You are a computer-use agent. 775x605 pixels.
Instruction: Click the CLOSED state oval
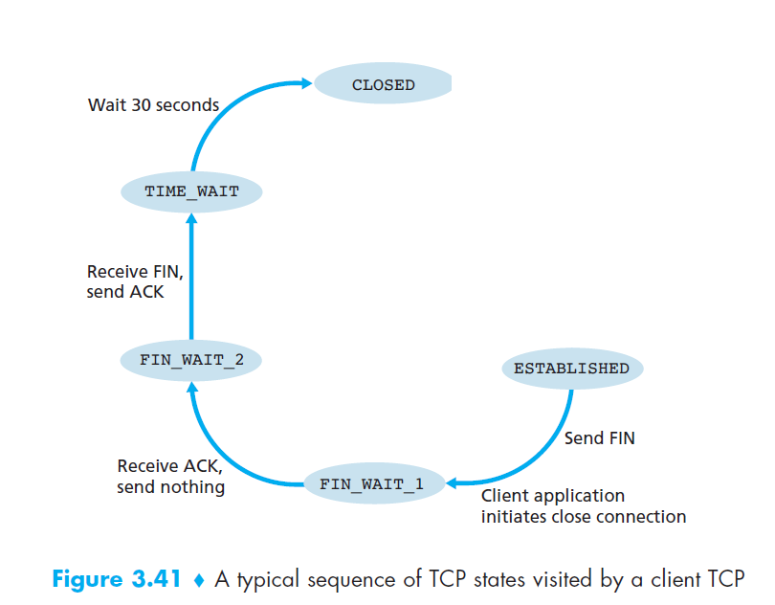click(x=383, y=85)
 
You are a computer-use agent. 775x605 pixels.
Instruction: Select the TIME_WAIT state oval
click(x=191, y=191)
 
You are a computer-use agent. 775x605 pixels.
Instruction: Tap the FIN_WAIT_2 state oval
click(x=191, y=361)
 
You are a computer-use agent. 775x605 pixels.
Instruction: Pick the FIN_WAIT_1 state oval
click(x=371, y=484)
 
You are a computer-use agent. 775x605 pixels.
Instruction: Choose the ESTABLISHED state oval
click(x=571, y=369)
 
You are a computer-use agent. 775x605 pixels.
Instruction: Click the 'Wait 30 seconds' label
click(x=153, y=104)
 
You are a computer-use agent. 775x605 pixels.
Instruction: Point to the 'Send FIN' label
click(x=599, y=438)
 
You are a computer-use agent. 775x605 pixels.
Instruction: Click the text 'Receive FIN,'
click(x=134, y=273)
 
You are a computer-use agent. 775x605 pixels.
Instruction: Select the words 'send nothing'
click(x=170, y=487)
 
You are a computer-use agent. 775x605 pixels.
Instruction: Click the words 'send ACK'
click(x=124, y=293)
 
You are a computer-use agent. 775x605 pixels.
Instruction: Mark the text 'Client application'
click(x=552, y=496)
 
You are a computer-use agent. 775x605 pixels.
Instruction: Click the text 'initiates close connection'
click(x=583, y=517)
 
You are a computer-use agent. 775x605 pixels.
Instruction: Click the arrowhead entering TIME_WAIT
click(x=191, y=220)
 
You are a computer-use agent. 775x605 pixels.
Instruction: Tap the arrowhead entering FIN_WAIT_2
click(x=191, y=386)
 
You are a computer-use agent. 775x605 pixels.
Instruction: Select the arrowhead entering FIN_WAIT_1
click(x=454, y=483)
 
